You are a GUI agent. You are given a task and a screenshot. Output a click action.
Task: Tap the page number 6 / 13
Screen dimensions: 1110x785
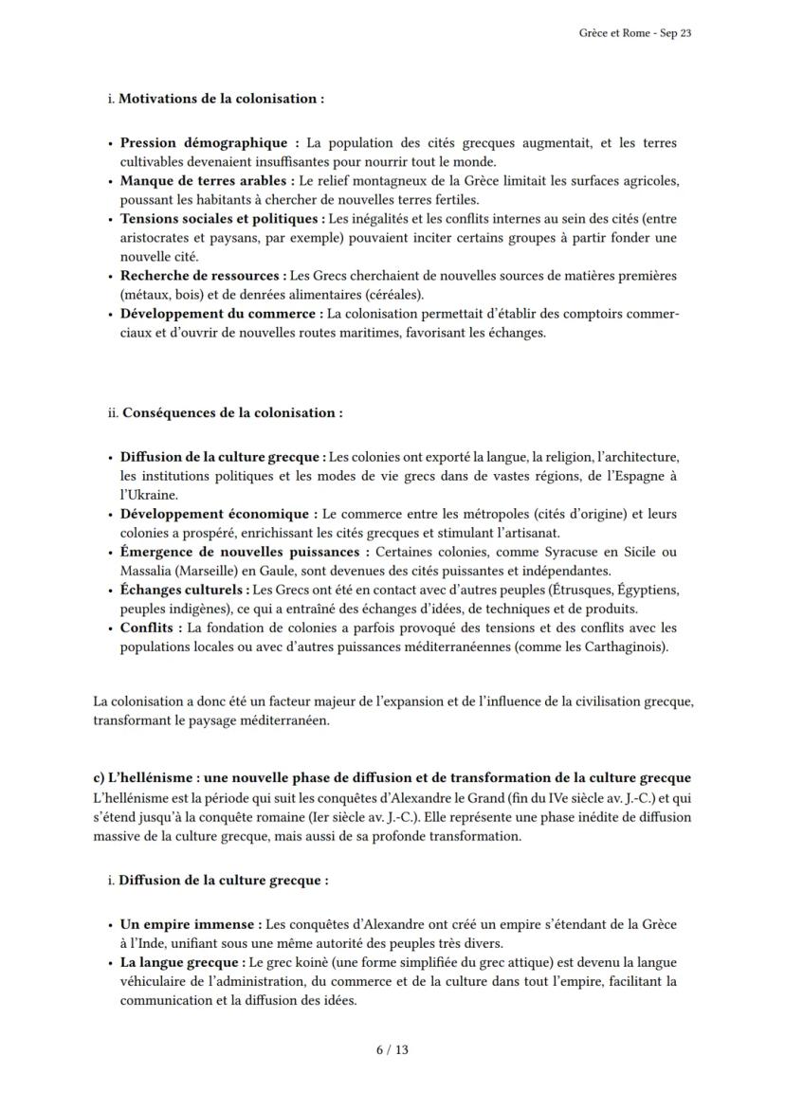click(x=392, y=1049)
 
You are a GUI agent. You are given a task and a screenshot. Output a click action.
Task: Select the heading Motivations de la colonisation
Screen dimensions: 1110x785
click(x=221, y=99)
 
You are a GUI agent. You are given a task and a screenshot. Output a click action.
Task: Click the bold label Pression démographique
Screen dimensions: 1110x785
click(x=209, y=143)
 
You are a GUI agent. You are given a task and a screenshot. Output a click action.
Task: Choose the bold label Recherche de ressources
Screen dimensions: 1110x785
click(x=202, y=276)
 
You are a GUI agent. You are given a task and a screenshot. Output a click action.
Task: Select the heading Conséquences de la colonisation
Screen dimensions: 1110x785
click(x=232, y=413)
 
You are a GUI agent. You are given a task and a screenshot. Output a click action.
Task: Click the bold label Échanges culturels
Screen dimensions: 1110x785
click(x=185, y=590)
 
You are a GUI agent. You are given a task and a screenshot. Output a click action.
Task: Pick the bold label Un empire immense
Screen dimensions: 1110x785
click(x=190, y=923)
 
